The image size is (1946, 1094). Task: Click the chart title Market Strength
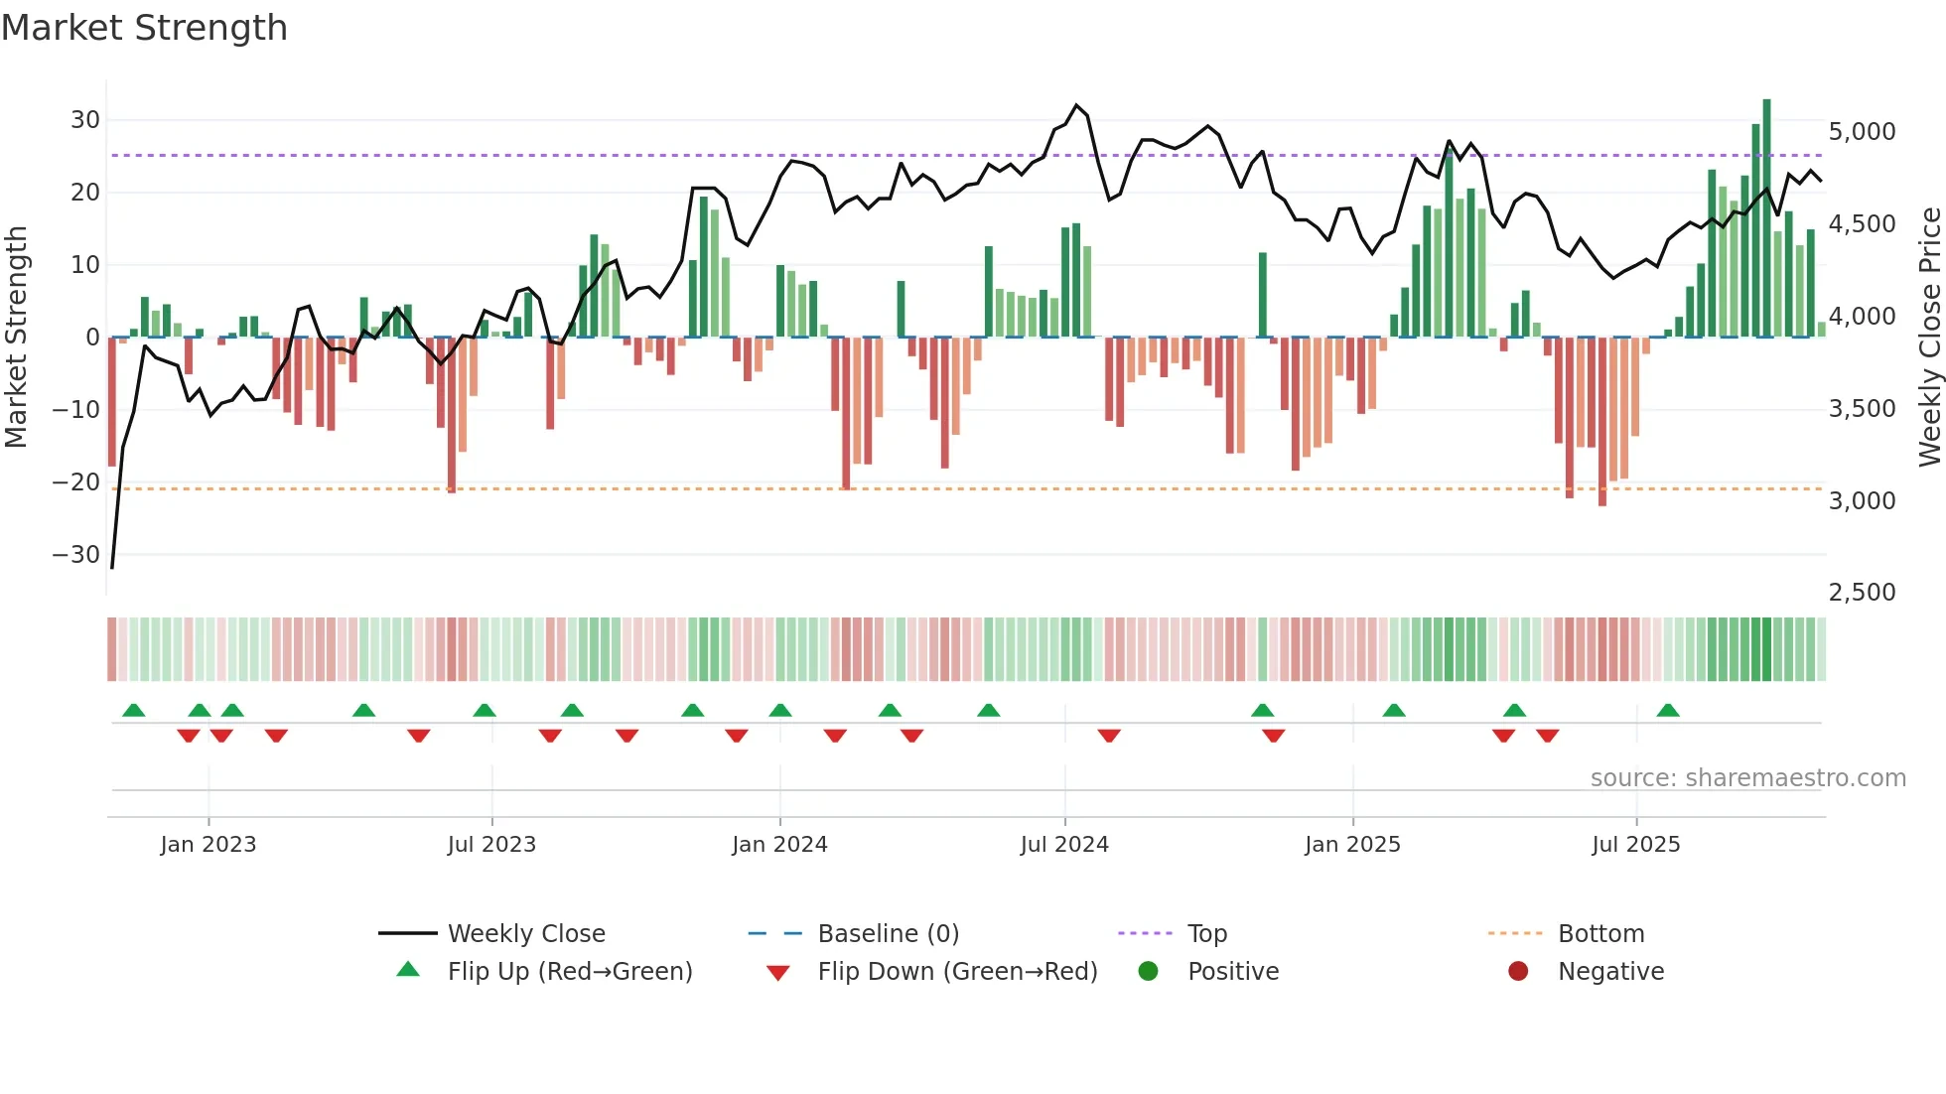(144, 28)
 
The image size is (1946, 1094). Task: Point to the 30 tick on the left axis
(85, 120)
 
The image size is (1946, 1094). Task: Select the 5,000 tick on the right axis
(1862, 132)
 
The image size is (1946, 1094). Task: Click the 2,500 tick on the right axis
(1862, 593)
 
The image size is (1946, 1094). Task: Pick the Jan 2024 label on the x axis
(779, 845)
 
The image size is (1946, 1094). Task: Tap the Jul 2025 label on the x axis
(1635, 845)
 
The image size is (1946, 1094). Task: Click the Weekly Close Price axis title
(1929, 338)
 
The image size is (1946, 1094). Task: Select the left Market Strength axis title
(17, 338)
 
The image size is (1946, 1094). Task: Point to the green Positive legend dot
(1148, 972)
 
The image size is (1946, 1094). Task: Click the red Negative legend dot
(1517, 972)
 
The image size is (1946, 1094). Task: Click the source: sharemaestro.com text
(1747, 778)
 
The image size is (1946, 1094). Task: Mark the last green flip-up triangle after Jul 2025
(1668, 710)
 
